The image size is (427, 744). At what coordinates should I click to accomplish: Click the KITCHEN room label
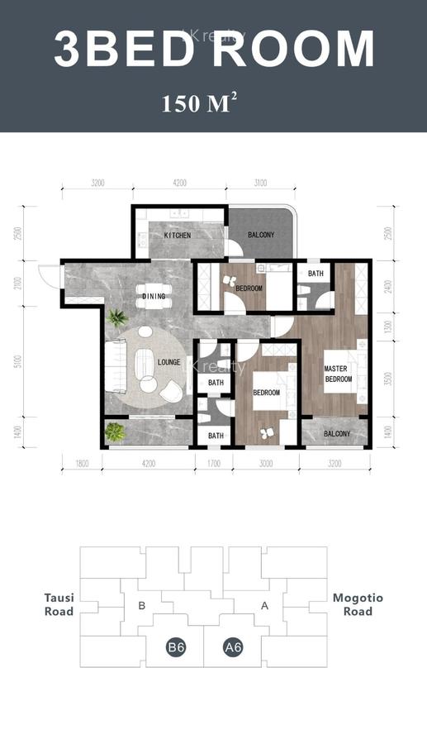(x=178, y=236)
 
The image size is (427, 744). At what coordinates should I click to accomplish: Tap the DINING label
(x=154, y=296)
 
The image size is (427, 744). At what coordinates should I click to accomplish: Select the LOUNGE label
(x=169, y=362)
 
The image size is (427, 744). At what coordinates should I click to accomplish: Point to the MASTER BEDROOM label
(x=338, y=374)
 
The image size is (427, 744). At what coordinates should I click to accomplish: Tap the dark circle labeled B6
(x=175, y=647)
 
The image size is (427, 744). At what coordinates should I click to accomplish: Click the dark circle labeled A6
(x=233, y=647)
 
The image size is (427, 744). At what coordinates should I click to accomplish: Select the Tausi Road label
(x=59, y=604)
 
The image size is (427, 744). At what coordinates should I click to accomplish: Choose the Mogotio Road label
(x=358, y=604)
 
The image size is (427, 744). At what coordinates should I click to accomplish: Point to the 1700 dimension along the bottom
(x=213, y=464)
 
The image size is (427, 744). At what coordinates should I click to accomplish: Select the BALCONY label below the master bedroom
(x=336, y=434)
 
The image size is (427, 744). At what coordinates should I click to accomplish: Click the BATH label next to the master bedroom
(x=316, y=273)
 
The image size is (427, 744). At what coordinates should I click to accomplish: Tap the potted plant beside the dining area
(x=117, y=317)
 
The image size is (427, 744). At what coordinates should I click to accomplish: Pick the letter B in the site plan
(x=142, y=606)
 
